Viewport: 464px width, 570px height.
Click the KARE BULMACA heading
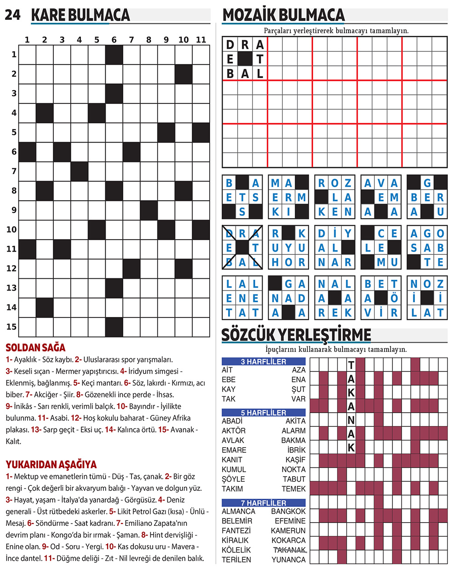(x=80, y=15)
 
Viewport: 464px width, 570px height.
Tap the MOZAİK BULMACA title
(x=283, y=15)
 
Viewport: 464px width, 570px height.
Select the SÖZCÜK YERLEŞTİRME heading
(x=296, y=335)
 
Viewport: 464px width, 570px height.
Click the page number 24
(x=12, y=15)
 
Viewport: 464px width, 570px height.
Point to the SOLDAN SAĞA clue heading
(x=35, y=347)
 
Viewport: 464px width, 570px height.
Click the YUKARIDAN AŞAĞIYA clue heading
(x=51, y=464)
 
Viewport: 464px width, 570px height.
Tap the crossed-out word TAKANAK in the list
(x=289, y=550)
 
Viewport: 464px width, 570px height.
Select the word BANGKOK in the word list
(x=288, y=511)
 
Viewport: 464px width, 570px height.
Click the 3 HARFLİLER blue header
(x=264, y=362)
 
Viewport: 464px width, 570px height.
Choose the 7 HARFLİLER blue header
(x=264, y=503)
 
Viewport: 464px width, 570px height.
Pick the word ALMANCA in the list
(x=238, y=511)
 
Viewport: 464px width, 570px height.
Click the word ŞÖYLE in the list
(x=233, y=479)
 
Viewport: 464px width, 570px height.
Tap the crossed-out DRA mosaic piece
(x=242, y=248)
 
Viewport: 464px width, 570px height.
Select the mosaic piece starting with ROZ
(x=335, y=197)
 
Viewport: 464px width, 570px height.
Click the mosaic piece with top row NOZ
(x=427, y=298)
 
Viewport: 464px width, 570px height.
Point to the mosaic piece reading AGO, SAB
(x=427, y=248)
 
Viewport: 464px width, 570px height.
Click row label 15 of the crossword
(x=11, y=327)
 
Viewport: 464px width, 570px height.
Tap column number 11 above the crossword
(x=201, y=40)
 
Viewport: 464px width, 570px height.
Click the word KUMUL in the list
(x=234, y=469)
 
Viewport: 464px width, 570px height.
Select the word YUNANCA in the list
(x=288, y=559)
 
